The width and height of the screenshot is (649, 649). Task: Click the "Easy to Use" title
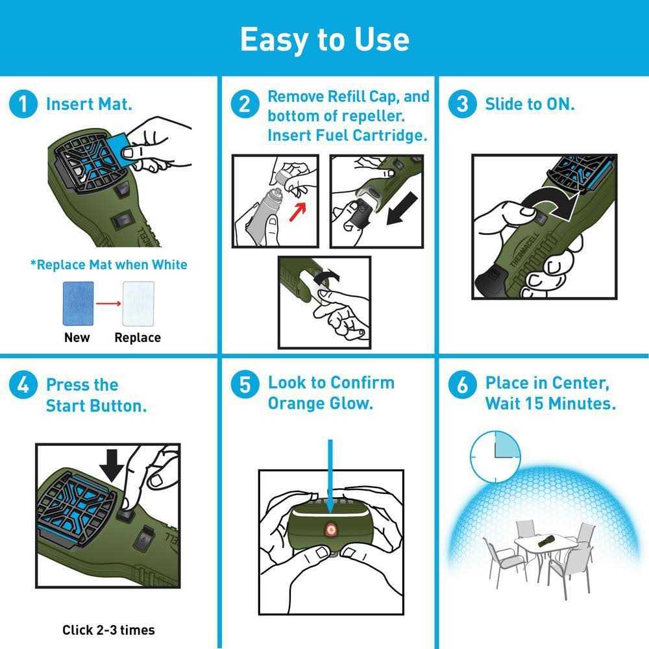pyautogui.click(x=324, y=39)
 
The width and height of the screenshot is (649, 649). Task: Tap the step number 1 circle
pyautogui.click(x=23, y=104)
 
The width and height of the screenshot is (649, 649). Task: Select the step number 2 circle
pyautogui.click(x=245, y=104)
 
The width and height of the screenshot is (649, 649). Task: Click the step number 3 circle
pyautogui.click(x=462, y=104)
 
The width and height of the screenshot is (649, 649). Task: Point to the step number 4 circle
pyautogui.click(x=23, y=385)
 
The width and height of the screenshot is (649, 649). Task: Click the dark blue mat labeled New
pyautogui.click(x=78, y=303)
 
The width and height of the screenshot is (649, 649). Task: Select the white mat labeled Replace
pyautogui.click(x=138, y=303)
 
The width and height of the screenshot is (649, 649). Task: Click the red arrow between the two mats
pyautogui.click(x=108, y=303)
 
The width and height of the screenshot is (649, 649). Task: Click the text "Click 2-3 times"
pyautogui.click(x=108, y=630)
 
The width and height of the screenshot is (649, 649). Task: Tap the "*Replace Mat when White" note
pyautogui.click(x=108, y=264)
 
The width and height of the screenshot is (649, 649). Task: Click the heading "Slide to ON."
pyautogui.click(x=530, y=104)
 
